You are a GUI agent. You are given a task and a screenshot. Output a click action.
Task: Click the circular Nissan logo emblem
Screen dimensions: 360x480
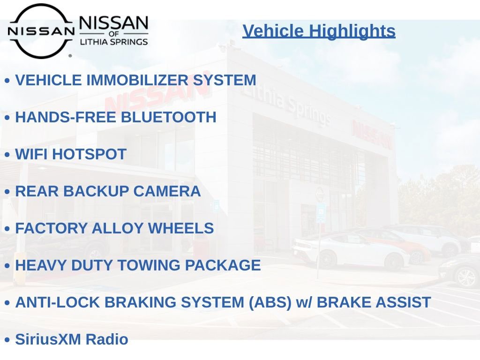tap(41, 31)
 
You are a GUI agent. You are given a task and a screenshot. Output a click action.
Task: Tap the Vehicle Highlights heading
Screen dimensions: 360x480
tap(319, 31)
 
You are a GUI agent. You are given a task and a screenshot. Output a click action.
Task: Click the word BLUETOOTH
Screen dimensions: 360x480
tap(168, 117)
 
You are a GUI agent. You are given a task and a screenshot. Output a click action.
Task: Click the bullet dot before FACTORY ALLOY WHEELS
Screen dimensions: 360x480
tap(7, 229)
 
